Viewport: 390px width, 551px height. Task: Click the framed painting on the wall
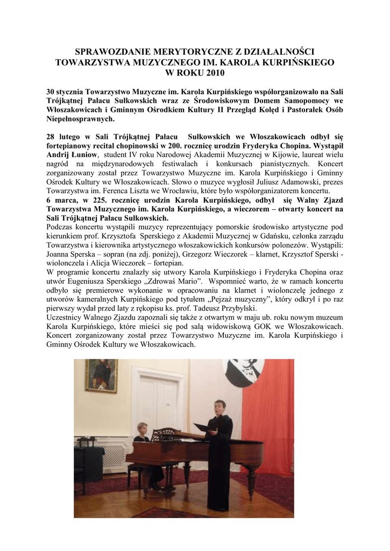[x=101, y=375]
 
